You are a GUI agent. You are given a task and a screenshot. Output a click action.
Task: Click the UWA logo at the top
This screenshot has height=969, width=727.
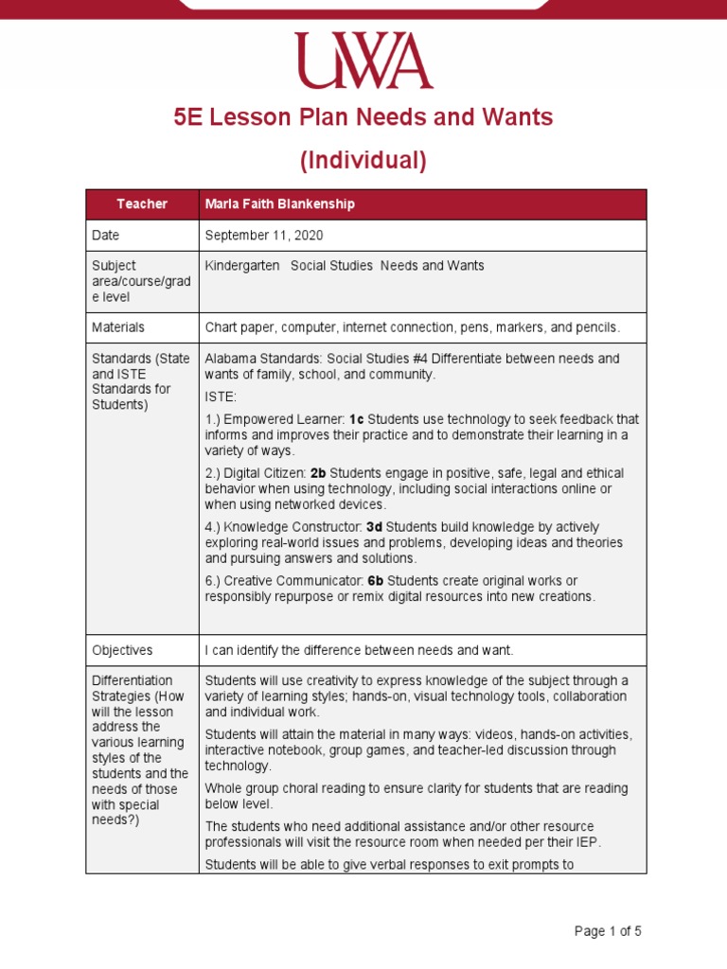point(363,61)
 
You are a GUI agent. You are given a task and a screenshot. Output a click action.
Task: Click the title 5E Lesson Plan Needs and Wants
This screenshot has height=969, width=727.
point(363,118)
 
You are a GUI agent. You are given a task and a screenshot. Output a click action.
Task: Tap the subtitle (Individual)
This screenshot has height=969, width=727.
point(363,161)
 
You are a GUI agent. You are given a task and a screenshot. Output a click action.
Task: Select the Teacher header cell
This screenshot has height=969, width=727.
point(142,204)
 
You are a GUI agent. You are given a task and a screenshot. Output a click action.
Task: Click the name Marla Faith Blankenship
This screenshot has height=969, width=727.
point(280,204)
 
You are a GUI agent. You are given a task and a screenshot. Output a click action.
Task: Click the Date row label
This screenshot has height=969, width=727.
point(106,235)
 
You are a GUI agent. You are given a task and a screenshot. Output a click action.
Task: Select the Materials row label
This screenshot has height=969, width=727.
point(118,327)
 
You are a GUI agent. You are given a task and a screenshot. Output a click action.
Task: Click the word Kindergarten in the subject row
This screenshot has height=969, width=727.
point(242,266)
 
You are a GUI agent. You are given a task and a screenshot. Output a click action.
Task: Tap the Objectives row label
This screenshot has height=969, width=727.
point(122,650)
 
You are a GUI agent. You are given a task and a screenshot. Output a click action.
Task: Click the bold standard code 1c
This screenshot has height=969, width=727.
point(356,419)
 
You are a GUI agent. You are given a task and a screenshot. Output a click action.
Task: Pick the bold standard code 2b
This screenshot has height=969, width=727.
point(317,473)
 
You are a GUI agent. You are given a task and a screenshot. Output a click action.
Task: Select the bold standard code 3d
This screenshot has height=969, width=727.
point(374,527)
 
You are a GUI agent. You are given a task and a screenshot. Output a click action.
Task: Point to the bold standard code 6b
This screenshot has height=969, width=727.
point(376,580)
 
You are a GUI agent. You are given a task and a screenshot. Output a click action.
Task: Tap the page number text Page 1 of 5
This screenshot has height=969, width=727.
point(608,931)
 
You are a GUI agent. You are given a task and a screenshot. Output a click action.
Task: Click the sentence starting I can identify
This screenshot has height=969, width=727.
point(359,650)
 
